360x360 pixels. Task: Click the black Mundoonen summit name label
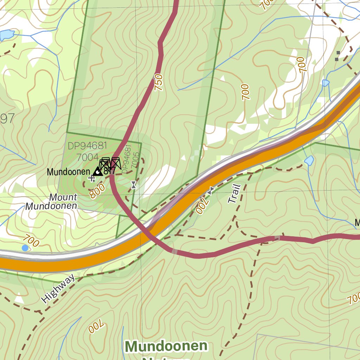[x=69, y=172]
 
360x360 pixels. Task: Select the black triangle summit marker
[x=98, y=172]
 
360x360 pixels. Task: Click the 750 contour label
[x=159, y=83]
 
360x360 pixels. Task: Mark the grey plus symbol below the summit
[x=92, y=179]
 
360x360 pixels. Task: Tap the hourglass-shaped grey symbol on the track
[x=133, y=185]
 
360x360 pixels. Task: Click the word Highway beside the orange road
[x=58, y=289]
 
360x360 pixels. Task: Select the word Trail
[x=234, y=194]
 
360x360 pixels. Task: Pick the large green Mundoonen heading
[x=166, y=346]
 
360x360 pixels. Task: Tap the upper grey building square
[x=338, y=53]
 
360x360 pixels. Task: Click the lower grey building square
[x=336, y=59]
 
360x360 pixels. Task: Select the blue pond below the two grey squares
[x=326, y=83]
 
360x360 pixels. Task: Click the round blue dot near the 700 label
[x=25, y=248]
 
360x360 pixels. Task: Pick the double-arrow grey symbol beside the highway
[x=211, y=191]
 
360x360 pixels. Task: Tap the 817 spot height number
[x=110, y=171]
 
